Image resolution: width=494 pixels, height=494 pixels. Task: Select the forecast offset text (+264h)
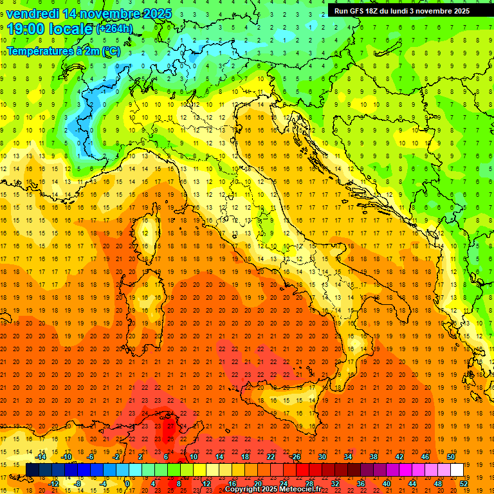[115, 28]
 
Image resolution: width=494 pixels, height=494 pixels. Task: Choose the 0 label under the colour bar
[127, 484]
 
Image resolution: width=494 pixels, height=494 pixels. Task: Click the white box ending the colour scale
[457, 470]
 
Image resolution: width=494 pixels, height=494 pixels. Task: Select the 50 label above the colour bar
[450, 456]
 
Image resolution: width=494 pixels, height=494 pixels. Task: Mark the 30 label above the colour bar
[322, 456]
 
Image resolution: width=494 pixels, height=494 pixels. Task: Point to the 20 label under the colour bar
[257, 484]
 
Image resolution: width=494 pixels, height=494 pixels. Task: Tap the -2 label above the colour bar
[116, 456]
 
